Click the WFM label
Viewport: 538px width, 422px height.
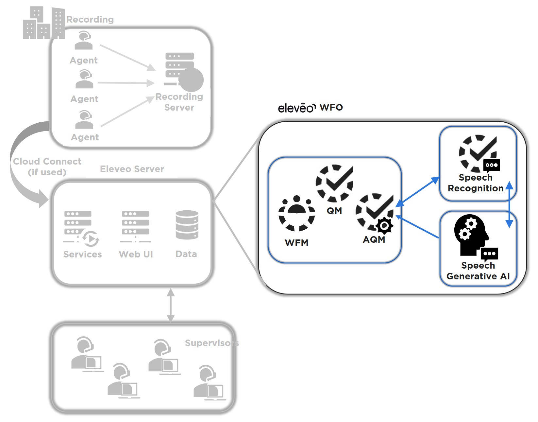tap(296, 243)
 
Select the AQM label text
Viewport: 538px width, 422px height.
tap(374, 240)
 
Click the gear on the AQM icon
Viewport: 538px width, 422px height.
tap(384, 225)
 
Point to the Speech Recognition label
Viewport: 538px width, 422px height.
tap(476, 183)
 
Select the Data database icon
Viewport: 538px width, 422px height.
tap(187, 225)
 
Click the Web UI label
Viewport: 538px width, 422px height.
tap(136, 254)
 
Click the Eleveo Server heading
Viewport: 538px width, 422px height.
tap(132, 169)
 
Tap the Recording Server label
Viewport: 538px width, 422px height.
tap(179, 102)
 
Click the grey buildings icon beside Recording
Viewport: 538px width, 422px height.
tap(43, 23)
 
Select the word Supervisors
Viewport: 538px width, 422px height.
tap(211, 343)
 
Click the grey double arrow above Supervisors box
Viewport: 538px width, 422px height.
tap(171, 305)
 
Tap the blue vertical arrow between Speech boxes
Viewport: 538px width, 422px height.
tap(509, 205)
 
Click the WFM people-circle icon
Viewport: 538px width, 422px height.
tap(296, 213)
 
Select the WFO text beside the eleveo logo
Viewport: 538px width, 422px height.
tap(331, 107)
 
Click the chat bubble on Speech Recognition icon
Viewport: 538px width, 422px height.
tap(491, 165)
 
